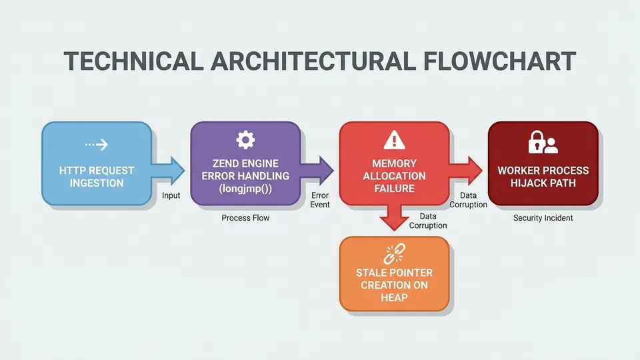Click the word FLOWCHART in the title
click(x=499, y=61)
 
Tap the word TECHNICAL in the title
click(x=133, y=61)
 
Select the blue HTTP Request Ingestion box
click(x=97, y=163)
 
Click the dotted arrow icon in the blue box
click(x=97, y=145)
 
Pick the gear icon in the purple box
click(x=246, y=140)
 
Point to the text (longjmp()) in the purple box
click(x=245, y=189)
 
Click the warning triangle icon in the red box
click(x=394, y=140)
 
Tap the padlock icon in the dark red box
click(x=536, y=142)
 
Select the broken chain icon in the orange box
click(x=394, y=253)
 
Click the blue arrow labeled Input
click(x=168, y=170)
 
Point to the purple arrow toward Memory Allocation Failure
click(x=317, y=170)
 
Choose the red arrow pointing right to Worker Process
click(x=466, y=170)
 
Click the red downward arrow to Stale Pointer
click(x=394, y=217)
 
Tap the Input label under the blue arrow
click(x=171, y=195)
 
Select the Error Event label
click(x=320, y=200)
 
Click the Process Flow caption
click(x=245, y=218)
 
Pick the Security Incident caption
click(x=543, y=218)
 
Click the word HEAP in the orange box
click(x=394, y=297)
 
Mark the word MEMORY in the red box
click(x=394, y=163)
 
